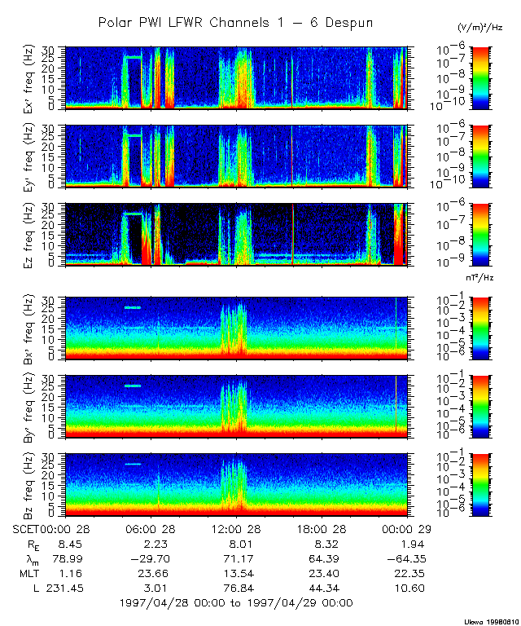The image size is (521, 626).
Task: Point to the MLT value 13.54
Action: (237, 573)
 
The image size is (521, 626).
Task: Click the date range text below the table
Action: (235, 603)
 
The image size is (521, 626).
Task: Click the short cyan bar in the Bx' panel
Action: (132, 307)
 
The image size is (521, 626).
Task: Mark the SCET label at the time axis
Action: (26, 529)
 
